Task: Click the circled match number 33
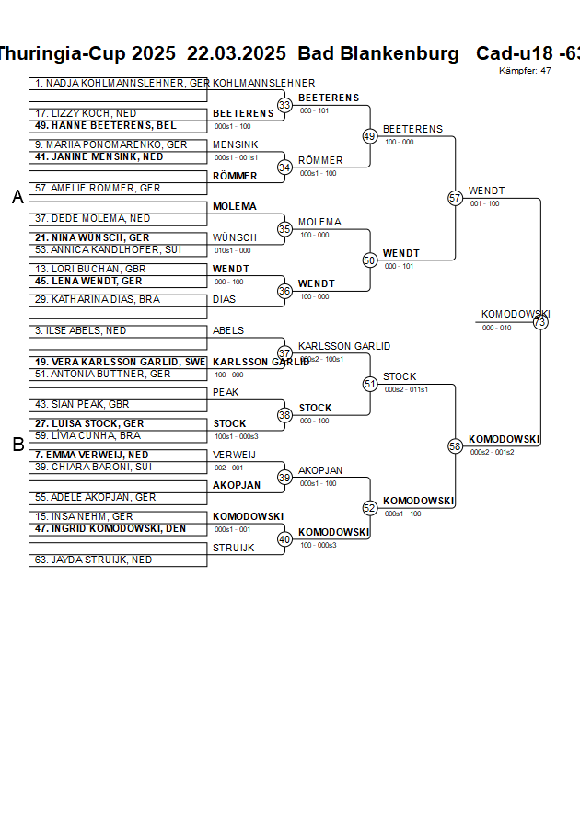[284, 105]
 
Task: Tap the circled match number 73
[540, 322]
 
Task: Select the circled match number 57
[455, 198]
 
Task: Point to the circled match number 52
[370, 507]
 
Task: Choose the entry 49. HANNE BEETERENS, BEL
[104, 125]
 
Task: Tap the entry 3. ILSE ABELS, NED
[80, 330]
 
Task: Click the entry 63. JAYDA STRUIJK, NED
[93, 560]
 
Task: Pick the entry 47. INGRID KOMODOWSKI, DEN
[110, 529]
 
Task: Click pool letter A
[17, 197]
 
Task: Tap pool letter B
[17, 445]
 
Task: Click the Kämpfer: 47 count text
[525, 71]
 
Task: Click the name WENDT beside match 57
[486, 191]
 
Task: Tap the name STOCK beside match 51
[400, 376]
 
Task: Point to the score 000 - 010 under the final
[496, 328]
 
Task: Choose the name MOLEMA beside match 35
[319, 222]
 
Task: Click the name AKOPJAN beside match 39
[320, 470]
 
